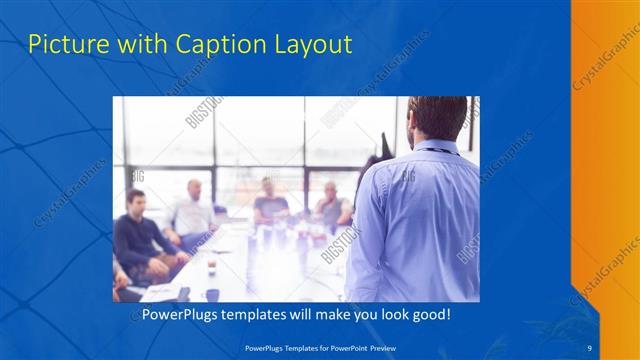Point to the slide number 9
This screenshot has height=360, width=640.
[x=589, y=346]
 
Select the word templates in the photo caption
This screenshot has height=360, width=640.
[x=259, y=314]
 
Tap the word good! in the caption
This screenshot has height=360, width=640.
[x=429, y=314]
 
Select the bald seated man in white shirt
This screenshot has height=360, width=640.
[x=192, y=210]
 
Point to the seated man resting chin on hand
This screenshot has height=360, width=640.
[x=334, y=204]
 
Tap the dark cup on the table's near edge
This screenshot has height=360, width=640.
[x=212, y=294]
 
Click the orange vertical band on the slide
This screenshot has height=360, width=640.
[x=604, y=150]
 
